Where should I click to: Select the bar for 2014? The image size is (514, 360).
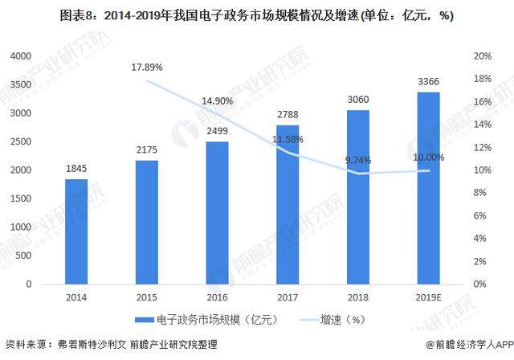(76, 231)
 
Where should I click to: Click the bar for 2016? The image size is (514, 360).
(217, 213)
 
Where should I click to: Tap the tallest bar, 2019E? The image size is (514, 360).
(428, 188)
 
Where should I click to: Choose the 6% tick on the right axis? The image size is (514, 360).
(480, 215)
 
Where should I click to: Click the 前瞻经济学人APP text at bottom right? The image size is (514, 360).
(467, 349)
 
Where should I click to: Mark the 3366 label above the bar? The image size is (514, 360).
(429, 81)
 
